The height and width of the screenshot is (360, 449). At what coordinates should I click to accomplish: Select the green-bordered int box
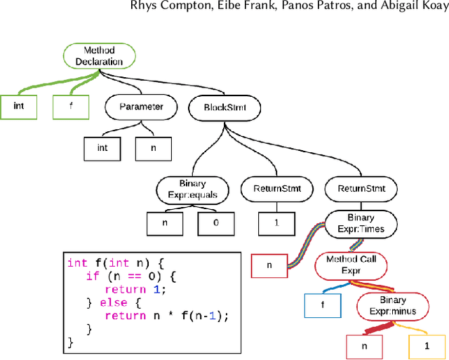pos(19,107)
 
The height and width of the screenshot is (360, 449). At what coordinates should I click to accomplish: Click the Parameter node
pos(141,107)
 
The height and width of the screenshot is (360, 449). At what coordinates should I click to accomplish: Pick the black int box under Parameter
pos(102,148)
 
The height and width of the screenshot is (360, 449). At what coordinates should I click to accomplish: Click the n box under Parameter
pos(154,148)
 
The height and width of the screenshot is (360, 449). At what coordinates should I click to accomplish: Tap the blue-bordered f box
pos(323,305)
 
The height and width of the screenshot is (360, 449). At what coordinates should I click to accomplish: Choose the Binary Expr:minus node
pos(393,305)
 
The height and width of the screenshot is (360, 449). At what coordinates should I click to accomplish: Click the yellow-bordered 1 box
pos(426,346)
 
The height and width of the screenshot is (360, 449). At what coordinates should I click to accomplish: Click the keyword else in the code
pos(117,302)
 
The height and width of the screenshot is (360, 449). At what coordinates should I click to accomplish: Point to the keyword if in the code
pos(92,276)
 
